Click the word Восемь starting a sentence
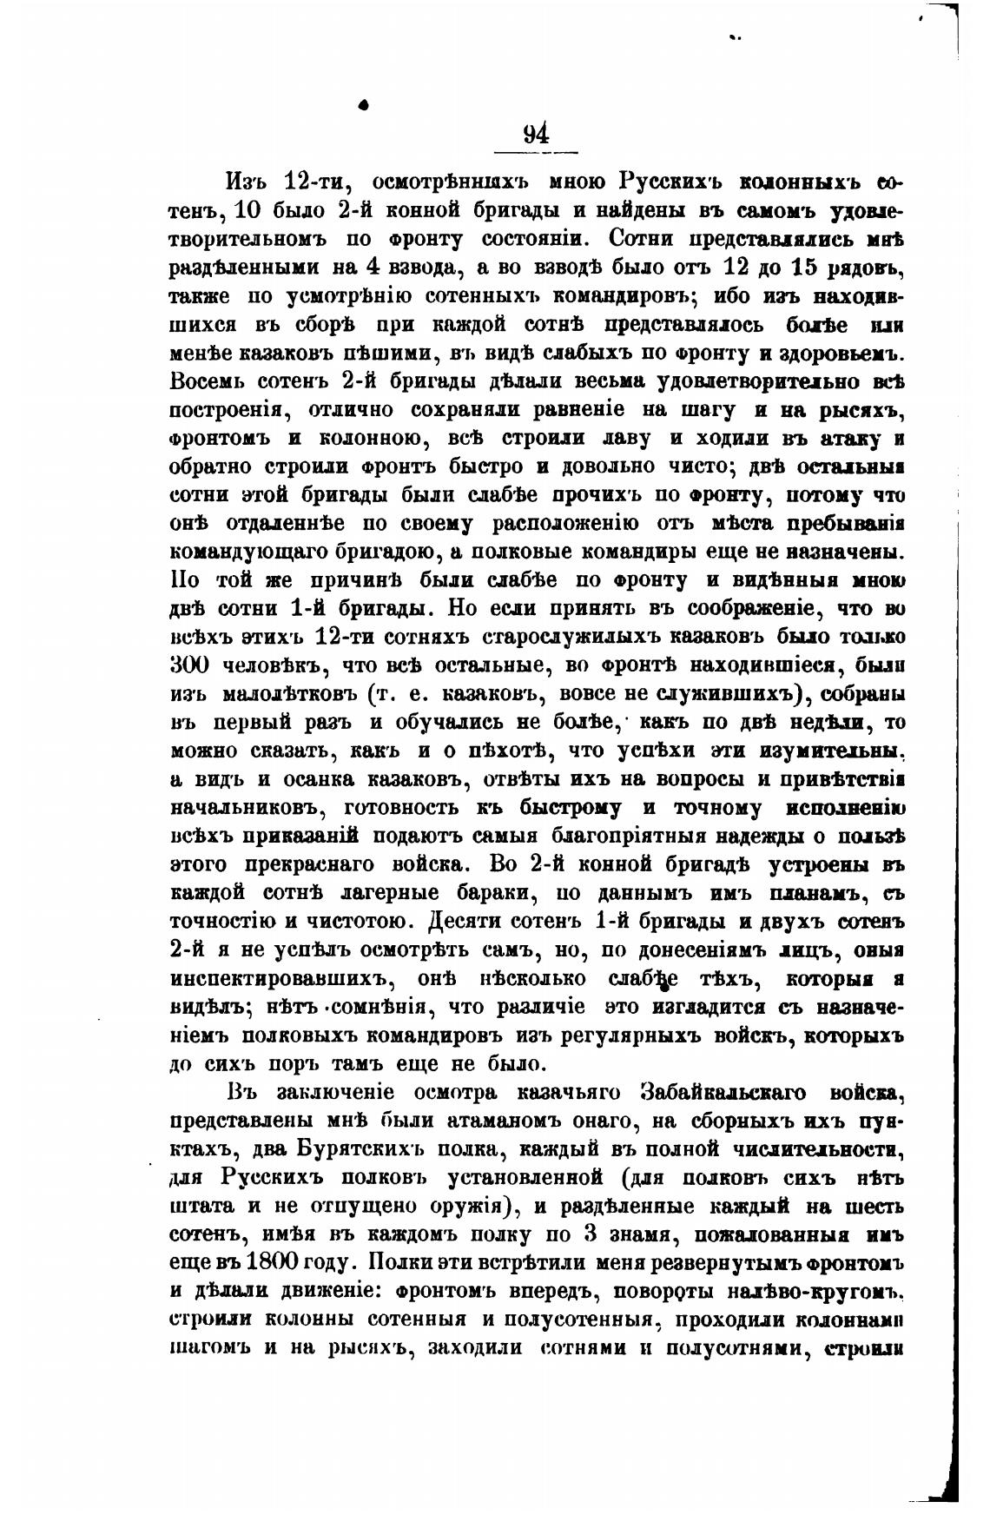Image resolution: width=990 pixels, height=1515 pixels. click(x=204, y=380)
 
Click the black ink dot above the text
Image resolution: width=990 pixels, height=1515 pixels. click(x=365, y=104)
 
